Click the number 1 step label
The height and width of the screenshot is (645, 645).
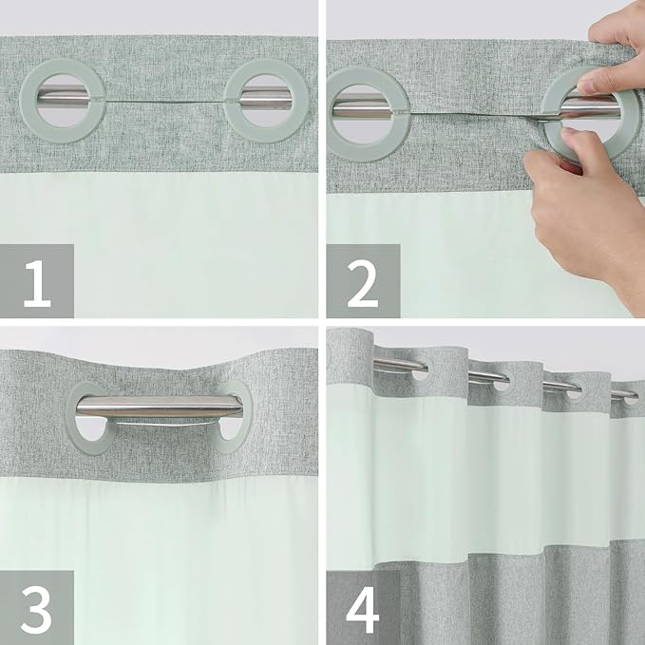coord(37,281)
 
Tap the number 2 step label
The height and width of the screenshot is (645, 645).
coord(363,281)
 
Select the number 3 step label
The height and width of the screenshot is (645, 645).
coord(37,608)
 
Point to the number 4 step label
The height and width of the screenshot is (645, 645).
coord(363,608)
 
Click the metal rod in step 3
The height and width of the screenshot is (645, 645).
coord(158,407)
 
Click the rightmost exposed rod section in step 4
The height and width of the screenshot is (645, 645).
coord(623,393)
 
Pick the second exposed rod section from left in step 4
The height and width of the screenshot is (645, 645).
coord(487,377)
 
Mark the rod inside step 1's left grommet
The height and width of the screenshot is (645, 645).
coord(67,96)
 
